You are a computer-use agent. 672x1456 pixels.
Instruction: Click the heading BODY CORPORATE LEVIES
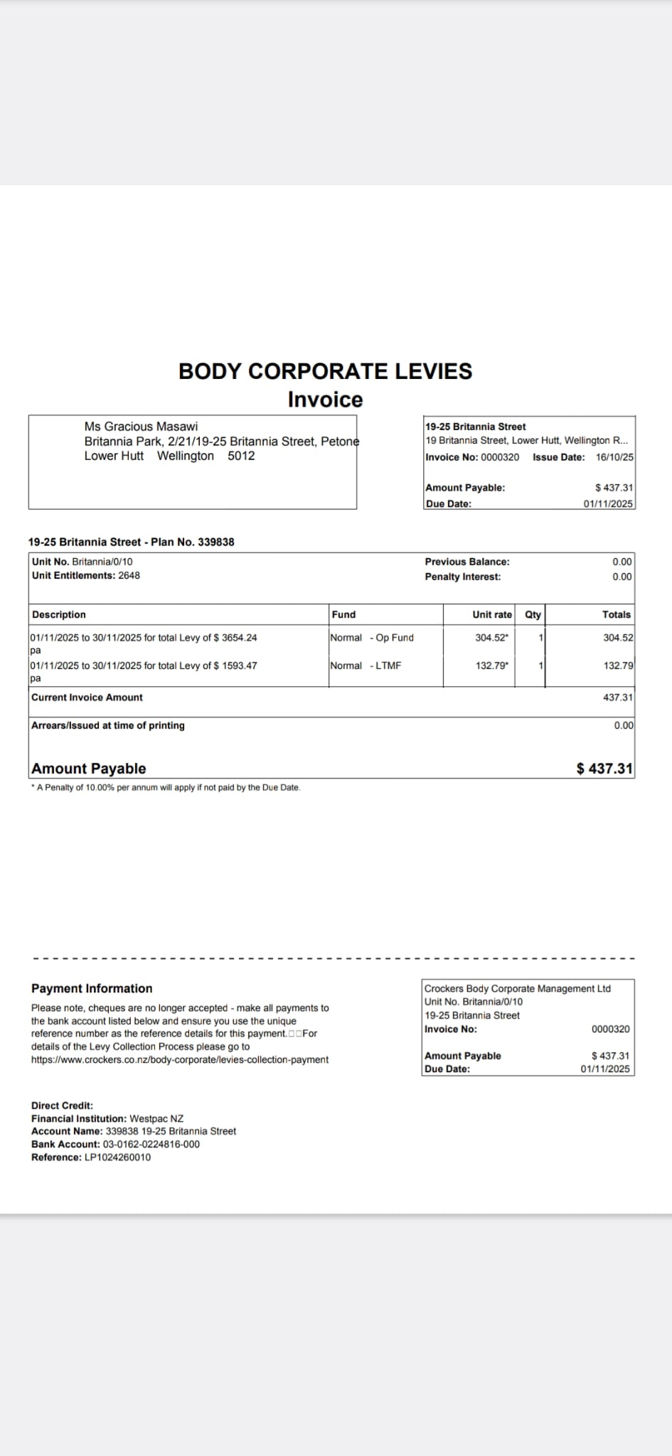(325, 371)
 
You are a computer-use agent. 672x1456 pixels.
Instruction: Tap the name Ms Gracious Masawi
(141, 427)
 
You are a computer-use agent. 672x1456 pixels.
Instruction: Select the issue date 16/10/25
(614, 457)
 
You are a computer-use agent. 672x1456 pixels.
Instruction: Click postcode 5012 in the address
(241, 456)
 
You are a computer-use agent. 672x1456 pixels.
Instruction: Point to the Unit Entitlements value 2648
(129, 576)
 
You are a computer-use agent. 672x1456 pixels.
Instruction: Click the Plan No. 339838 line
(131, 542)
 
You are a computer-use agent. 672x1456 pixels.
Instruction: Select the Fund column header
(343, 615)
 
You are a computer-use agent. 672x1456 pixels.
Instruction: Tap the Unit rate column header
(491, 615)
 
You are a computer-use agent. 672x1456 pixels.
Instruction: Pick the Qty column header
(533, 615)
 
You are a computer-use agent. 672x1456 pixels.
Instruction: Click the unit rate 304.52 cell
(491, 638)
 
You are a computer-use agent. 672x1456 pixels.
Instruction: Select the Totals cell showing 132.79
(618, 666)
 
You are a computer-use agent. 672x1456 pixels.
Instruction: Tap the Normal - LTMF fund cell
(366, 666)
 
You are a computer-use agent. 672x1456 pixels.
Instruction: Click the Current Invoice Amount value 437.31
(617, 697)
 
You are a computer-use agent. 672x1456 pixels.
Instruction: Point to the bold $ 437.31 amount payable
(604, 769)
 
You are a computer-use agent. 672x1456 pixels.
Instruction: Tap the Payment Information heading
(92, 988)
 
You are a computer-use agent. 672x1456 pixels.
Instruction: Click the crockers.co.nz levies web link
(180, 1060)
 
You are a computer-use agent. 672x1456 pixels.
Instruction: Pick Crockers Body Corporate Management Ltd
(517, 988)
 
